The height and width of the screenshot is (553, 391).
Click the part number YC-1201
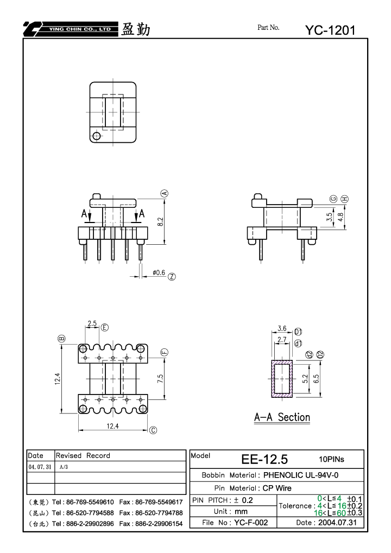pyautogui.click(x=330, y=30)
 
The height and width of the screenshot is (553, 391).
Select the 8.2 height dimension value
pyautogui.click(x=160, y=221)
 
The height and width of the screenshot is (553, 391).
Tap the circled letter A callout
pyautogui.click(x=165, y=193)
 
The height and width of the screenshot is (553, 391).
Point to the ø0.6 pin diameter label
pyautogui.click(x=159, y=272)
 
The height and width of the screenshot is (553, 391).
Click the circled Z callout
pyautogui.click(x=172, y=277)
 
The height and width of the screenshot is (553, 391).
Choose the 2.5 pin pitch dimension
pyautogui.click(x=92, y=323)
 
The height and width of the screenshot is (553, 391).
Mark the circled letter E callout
pyautogui.click(x=105, y=328)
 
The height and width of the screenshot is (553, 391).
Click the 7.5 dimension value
pyautogui.click(x=160, y=378)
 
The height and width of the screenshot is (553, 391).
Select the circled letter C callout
pyautogui.click(x=153, y=430)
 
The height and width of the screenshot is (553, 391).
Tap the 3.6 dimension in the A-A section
pyautogui.click(x=282, y=328)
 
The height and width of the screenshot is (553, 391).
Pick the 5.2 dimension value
pyautogui.click(x=305, y=379)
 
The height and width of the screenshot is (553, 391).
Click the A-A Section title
pyautogui.click(x=282, y=417)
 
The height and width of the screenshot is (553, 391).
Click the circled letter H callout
pyautogui.click(x=345, y=199)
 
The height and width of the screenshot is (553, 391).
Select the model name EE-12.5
pyautogui.click(x=264, y=459)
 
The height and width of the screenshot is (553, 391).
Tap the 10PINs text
pyautogui.click(x=331, y=459)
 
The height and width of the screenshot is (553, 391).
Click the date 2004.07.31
pyautogui.click(x=337, y=522)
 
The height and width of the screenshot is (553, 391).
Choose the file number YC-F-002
pyautogui.click(x=251, y=522)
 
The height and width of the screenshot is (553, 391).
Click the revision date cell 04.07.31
pyautogui.click(x=40, y=467)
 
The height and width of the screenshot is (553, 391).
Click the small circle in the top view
pyautogui.click(x=96, y=136)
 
